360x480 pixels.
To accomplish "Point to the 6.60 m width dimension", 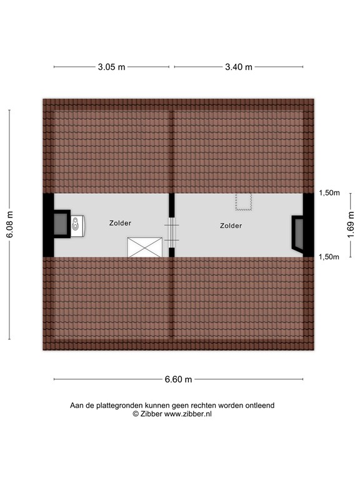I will click(x=178, y=379).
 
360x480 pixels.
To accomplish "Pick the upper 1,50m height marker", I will click(x=329, y=193).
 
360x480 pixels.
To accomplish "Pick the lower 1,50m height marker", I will click(x=329, y=256).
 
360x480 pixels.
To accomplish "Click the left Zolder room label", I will click(x=120, y=222).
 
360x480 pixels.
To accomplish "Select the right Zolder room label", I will click(x=231, y=226).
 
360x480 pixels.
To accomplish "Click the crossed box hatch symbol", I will click(x=145, y=247).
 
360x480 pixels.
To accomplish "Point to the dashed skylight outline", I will click(x=242, y=201).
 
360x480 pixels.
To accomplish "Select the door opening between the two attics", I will click(x=172, y=232).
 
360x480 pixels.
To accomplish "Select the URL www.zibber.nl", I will click(x=188, y=414).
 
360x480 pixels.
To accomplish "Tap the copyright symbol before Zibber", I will click(x=136, y=414).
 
